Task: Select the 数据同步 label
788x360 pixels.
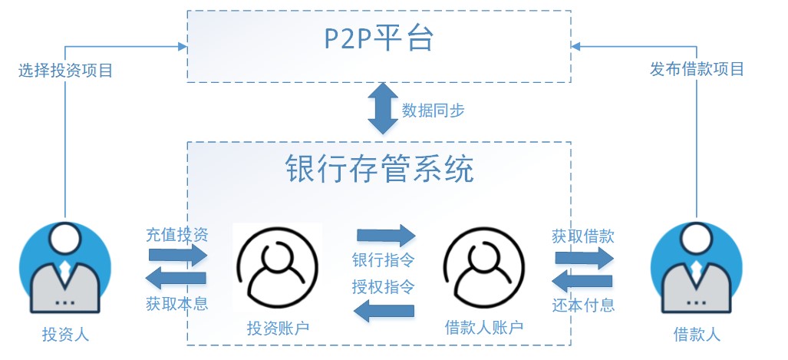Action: point(433,111)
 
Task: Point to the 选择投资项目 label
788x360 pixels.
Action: point(65,71)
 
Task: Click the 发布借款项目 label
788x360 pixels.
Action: point(697,69)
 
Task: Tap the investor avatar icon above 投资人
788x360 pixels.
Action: point(65,268)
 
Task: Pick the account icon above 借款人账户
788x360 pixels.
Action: point(483,269)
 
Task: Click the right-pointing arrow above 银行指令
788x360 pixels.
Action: point(385,233)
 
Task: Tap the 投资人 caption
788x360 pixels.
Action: point(65,335)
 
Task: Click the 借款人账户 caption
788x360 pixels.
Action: point(483,329)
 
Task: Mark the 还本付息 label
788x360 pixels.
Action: point(583,305)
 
